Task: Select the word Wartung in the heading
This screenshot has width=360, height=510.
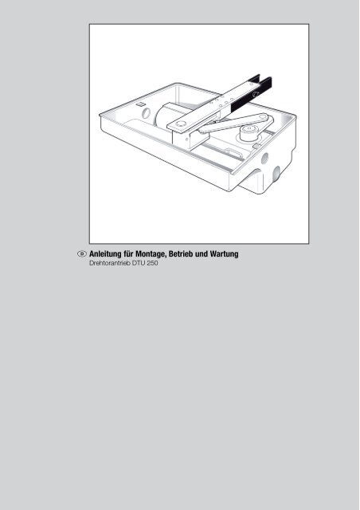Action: (225, 254)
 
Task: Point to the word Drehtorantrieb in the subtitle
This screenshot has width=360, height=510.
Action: (110, 263)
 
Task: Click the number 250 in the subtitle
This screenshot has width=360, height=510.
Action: (152, 263)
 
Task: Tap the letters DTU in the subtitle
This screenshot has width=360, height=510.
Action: (139, 263)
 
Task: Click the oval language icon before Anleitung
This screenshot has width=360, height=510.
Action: (82, 253)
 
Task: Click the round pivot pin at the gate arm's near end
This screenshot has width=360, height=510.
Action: (181, 124)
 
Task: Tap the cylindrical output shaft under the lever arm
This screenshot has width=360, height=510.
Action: (248, 133)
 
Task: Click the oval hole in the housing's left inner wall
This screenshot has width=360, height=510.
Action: (147, 113)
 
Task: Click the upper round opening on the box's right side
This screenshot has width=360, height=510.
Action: (264, 159)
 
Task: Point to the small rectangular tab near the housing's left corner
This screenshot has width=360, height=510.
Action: (139, 104)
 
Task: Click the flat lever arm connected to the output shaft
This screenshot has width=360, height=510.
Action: (236, 123)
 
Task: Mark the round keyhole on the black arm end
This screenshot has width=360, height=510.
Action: (256, 94)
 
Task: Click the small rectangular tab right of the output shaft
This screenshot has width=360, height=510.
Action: (257, 146)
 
